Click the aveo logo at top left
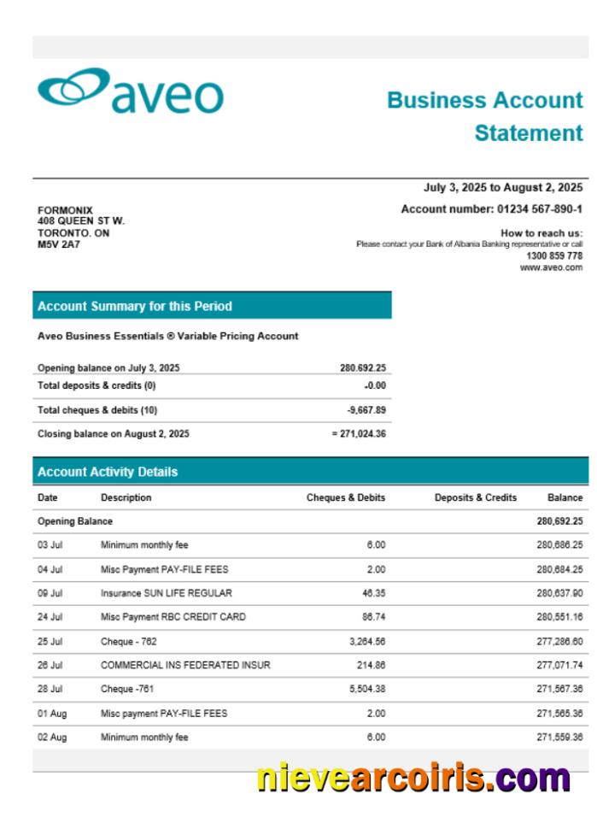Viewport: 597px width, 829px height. coord(130,91)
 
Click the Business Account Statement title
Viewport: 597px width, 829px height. coord(485,116)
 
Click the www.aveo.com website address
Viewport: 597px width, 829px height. coord(551,268)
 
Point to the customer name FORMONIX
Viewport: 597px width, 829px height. coord(65,210)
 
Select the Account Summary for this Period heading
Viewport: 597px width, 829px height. coord(135,306)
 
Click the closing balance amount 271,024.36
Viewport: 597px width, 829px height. coord(361,434)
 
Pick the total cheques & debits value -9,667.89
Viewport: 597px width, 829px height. coord(366,410)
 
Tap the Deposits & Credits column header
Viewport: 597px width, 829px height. coord(475,497)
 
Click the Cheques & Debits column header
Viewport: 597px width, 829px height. coord(346,497)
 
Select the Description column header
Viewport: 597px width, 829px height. coord(126,497)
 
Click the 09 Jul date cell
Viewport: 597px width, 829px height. coord(50,593)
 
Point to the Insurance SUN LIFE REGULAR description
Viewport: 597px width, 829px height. coord(166,593)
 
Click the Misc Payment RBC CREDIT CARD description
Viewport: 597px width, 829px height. coord(173,617)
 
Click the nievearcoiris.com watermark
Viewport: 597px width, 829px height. coord(413,779)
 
